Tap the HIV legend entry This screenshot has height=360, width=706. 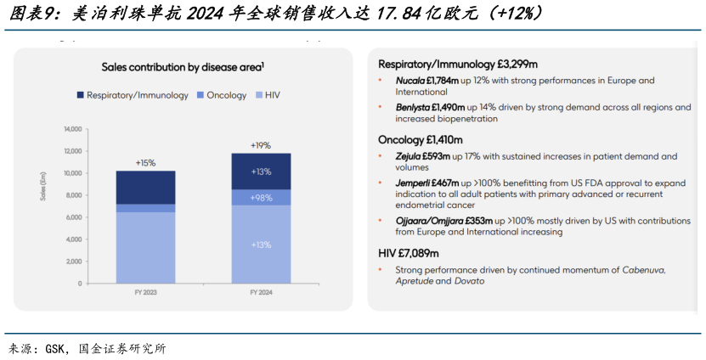(266, 95)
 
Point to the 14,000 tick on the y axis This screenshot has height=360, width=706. (72, 129)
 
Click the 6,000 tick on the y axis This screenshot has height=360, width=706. (73, 217)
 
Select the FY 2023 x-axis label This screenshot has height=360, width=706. (145, 292)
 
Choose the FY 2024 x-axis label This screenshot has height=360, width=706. (261, 292)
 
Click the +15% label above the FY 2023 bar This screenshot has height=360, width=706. (145, 162)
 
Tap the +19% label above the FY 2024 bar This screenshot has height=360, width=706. (261, 145)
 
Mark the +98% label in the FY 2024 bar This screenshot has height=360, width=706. (261, 198)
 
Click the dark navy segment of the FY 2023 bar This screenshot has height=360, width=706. (145, 187)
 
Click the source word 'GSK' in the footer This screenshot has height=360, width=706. (55, 348)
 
